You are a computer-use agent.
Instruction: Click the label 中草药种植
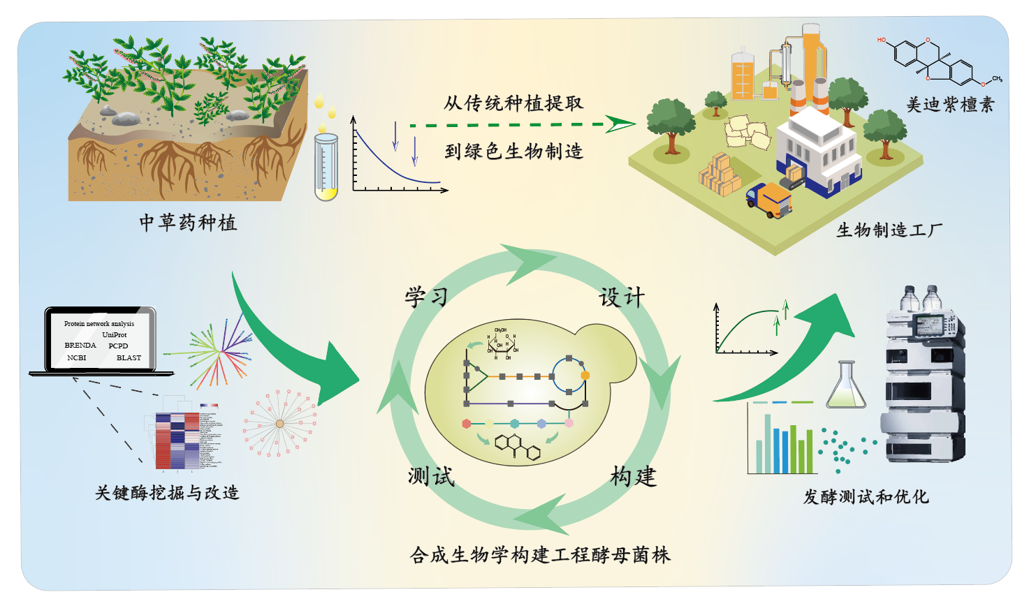pyautogui.click(x=188, y=223)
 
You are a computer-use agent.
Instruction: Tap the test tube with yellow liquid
pyautogui.click(x=326, y=167)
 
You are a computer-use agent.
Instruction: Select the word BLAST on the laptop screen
pyautogui.click(x=129, y=358)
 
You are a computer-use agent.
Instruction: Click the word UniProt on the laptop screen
pyautogui.click(x=115, y=335)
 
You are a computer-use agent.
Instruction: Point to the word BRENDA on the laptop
pyautogui.click(x=80, y=346)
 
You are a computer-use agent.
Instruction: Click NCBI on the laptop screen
pyautogui.click(x=77, y=358)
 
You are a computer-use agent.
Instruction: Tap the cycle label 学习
pyautogui.click(x=426, y=297)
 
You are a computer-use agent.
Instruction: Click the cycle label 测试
pyautogui.click(x=431, y=477)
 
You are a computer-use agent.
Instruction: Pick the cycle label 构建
pyautogui.click(x=633, y=477)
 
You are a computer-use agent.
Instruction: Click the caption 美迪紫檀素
pyautogui.click(x=949, y=105)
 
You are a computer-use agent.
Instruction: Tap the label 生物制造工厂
pyautogui.click(x=889, y=230)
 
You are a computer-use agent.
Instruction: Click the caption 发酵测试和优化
pyautogui.click(x=866, y=497)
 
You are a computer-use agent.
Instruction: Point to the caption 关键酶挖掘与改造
pyautogui.click(x=167, y=493)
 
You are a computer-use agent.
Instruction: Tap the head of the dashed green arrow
pyautogui.click(x=620, y=124)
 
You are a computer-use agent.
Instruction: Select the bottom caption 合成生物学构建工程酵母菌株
pyautogui.click(x=540, y=556)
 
